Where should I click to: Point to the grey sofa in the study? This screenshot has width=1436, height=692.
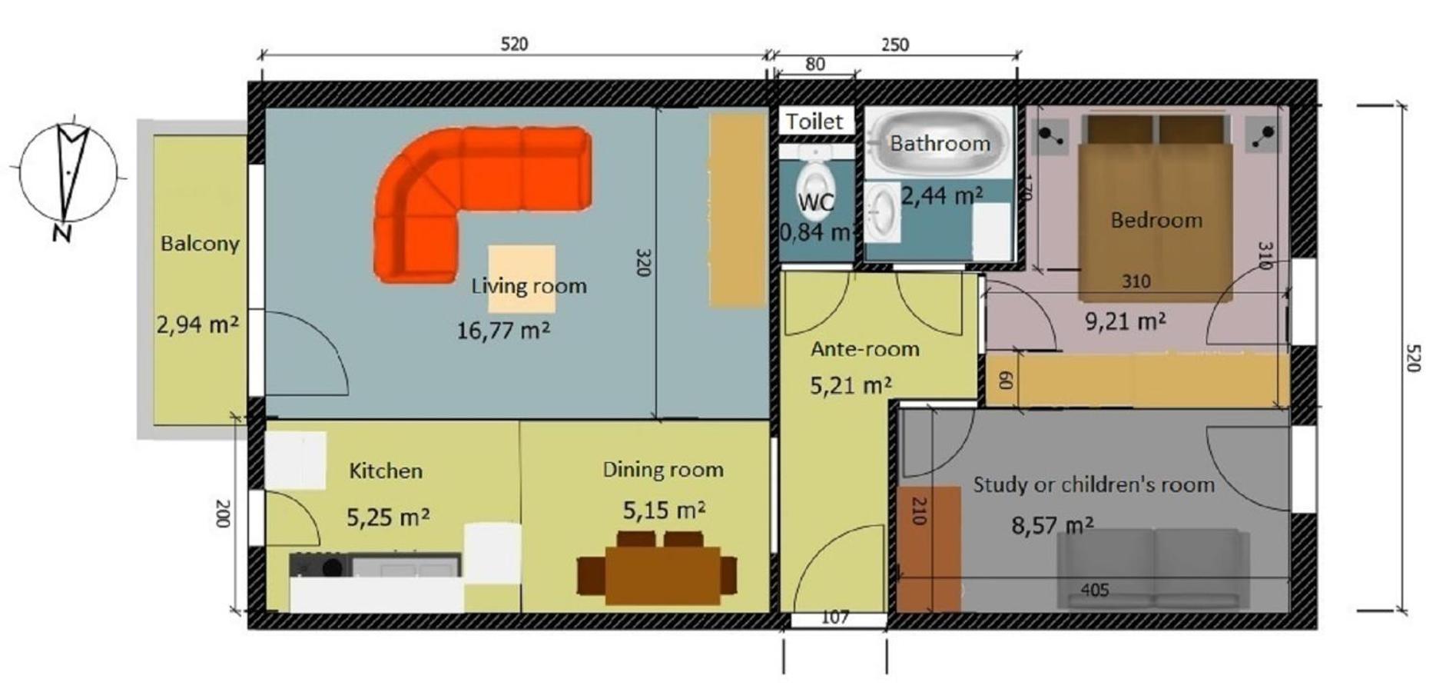point(1152,569)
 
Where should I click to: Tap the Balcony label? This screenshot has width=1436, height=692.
point(200,244)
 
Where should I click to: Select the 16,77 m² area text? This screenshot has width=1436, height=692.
point(503,331)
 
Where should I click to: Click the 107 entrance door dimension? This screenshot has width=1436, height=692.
point(835,617)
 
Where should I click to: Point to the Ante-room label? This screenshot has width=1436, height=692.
point(865,349)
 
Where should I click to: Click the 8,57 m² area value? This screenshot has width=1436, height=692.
point(1053,526)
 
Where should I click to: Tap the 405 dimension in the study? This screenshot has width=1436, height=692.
point(1094,590)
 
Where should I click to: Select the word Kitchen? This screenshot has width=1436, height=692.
point(386,471)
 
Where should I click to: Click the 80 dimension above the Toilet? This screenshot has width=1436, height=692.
point(815,65)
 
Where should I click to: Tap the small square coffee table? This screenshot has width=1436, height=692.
point(522,279)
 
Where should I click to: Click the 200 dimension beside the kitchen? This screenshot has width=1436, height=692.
point(223,514)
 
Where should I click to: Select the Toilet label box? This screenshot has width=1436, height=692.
point(814,121)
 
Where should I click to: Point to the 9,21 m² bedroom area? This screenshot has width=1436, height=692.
point(1125,320)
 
